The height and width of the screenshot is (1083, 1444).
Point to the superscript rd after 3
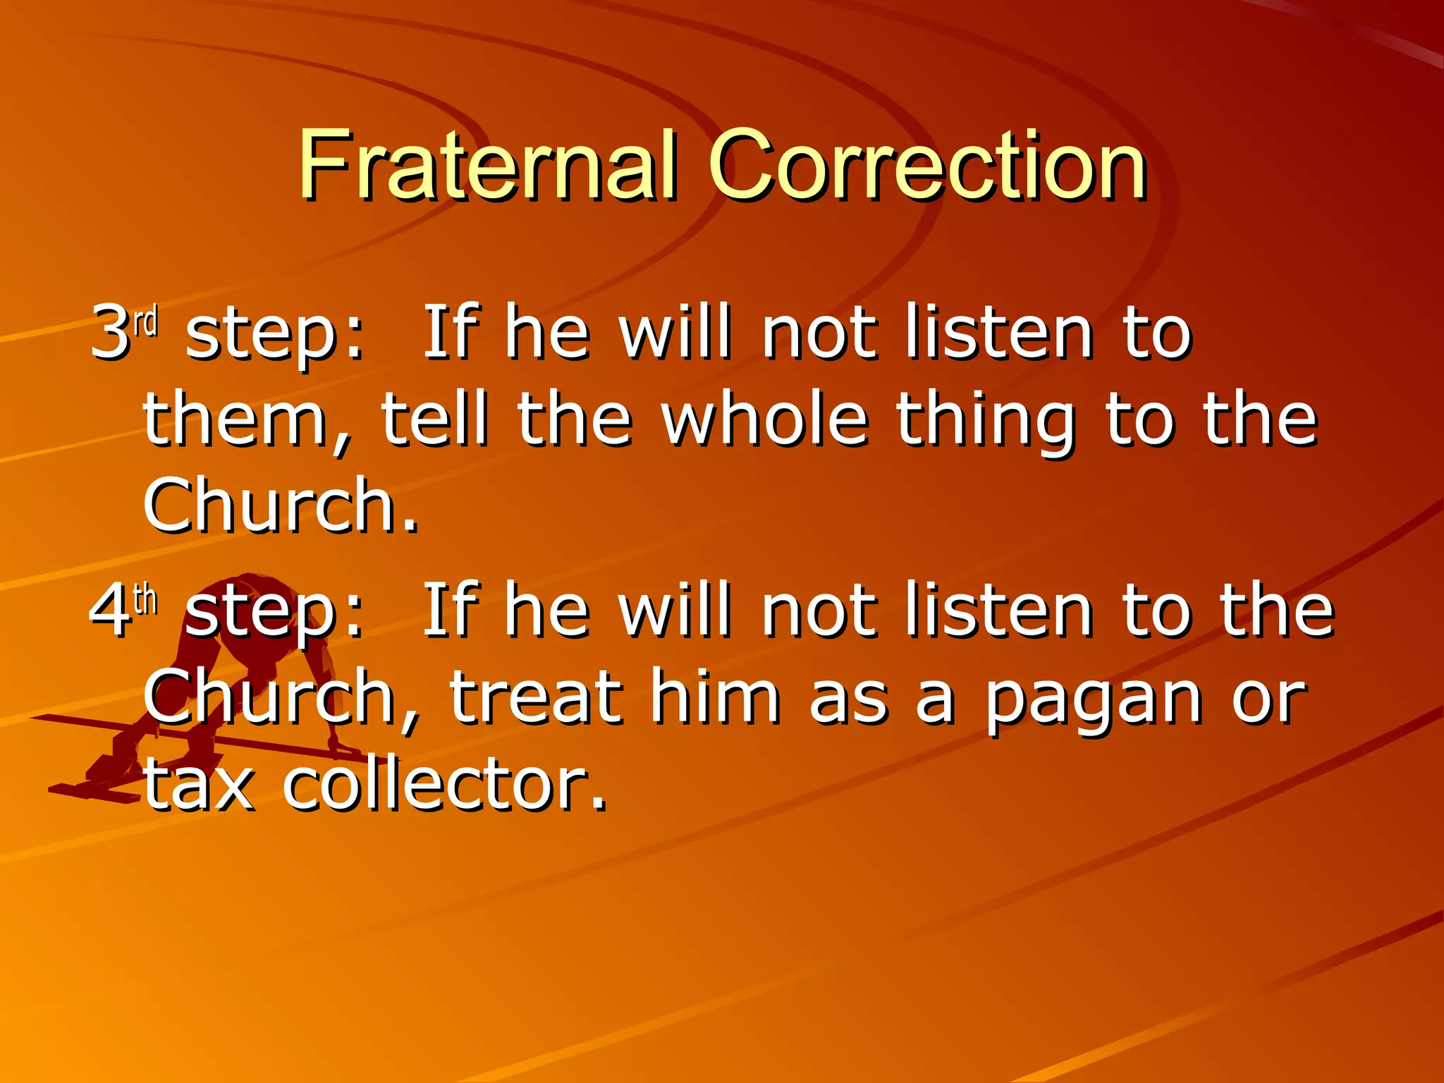pyautogui.click(x=146, y=321)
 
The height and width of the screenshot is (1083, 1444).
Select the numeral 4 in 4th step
pyautogui.click(x=110, y=610)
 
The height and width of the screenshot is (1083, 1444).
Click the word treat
pyautogui.click(x=536, y=698)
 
